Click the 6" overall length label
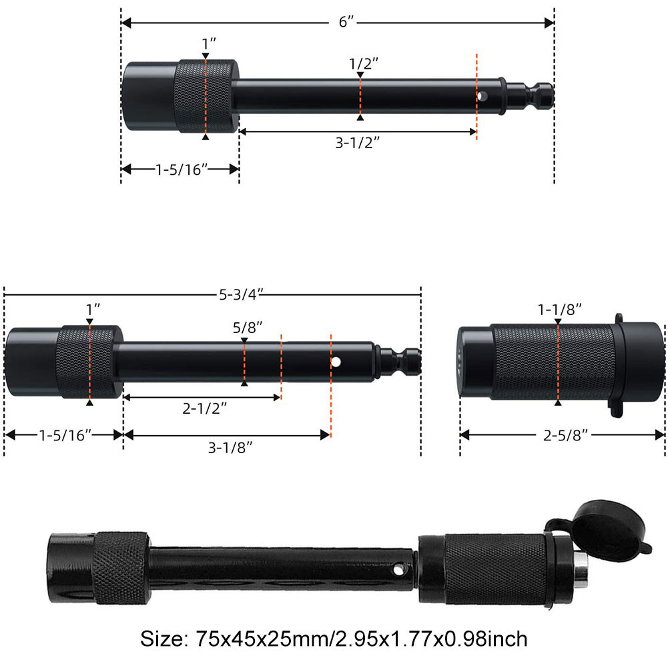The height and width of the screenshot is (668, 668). pos(345,22)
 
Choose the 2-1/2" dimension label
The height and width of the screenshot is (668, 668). pos(200,409)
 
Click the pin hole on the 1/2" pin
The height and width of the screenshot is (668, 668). pos(480,97)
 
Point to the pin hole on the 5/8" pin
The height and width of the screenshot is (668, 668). pos(336,362)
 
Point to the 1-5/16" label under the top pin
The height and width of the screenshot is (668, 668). pos(179,170)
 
